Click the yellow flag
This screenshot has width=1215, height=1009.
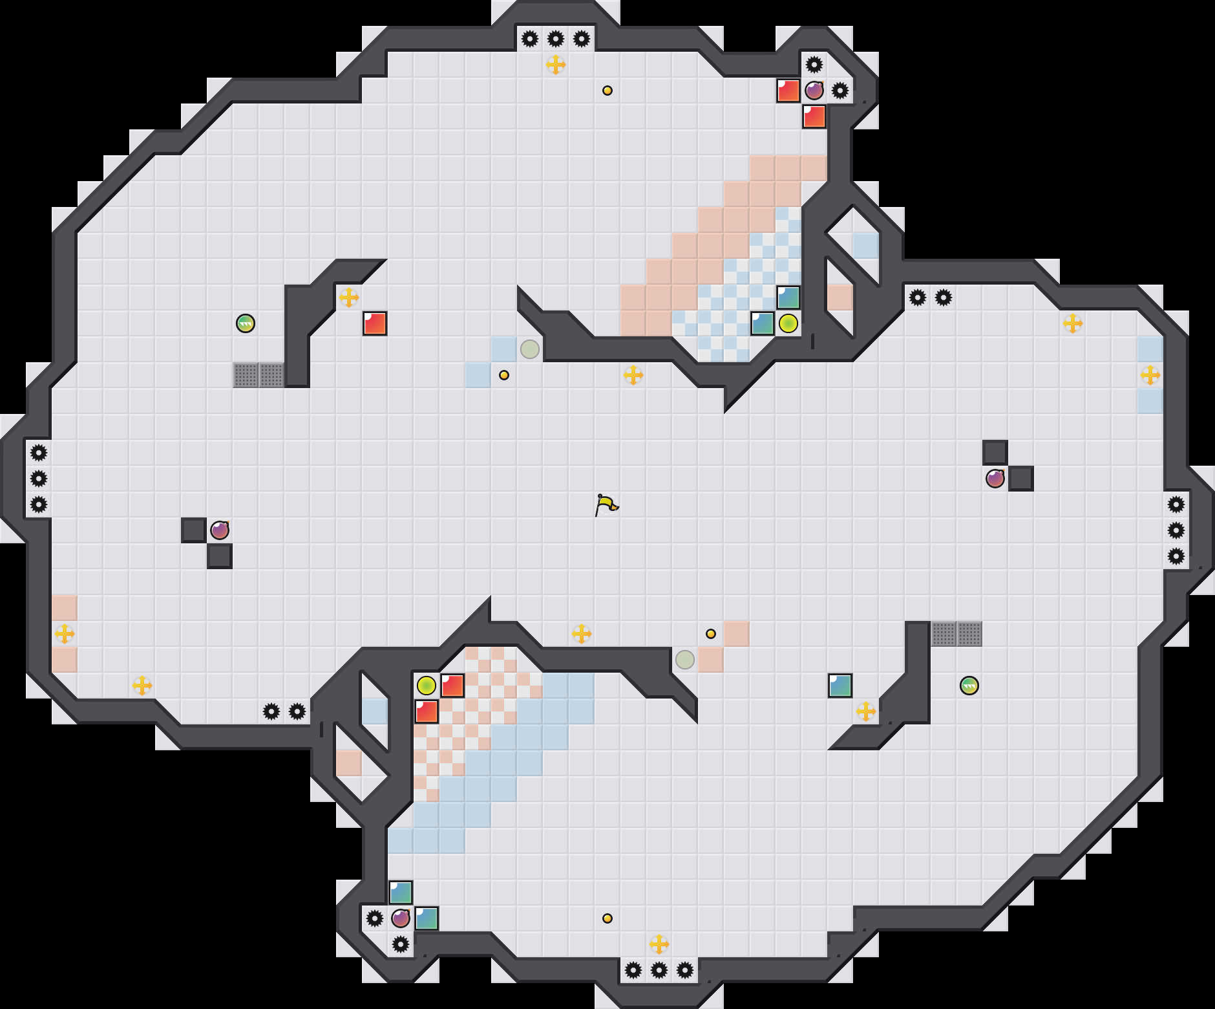coord(606,504)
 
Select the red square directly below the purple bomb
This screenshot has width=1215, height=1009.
coord(814,116)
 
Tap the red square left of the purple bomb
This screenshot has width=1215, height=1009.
coord(788,91)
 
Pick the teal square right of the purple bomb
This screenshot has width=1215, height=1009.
coord(427,918)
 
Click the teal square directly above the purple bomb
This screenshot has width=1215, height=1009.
coord(401,893)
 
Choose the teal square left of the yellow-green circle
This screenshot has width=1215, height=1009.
coord(763,323)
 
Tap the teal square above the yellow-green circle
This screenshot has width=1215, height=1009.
coord(788,298)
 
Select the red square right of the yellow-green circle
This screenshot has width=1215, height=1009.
coord(452,686)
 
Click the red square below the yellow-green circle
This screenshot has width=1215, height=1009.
coord(427,711)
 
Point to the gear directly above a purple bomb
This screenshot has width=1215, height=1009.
coord(814,65)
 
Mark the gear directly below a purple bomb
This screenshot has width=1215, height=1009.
coord(401,944)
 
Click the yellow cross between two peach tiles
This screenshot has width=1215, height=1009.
coord(65,634)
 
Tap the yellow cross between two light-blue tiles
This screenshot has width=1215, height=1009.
coord(1150,375)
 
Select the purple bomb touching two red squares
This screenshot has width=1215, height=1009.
coord(814,91)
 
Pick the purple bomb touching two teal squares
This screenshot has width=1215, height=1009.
coord(401,918)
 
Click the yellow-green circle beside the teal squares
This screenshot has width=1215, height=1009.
coord(788,323)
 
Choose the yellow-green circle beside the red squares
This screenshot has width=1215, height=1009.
coord(427,686)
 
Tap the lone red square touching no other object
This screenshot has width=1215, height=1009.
coord(375,323)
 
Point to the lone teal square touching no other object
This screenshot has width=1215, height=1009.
coord(840,686)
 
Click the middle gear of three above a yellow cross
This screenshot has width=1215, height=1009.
coord(556,39)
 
